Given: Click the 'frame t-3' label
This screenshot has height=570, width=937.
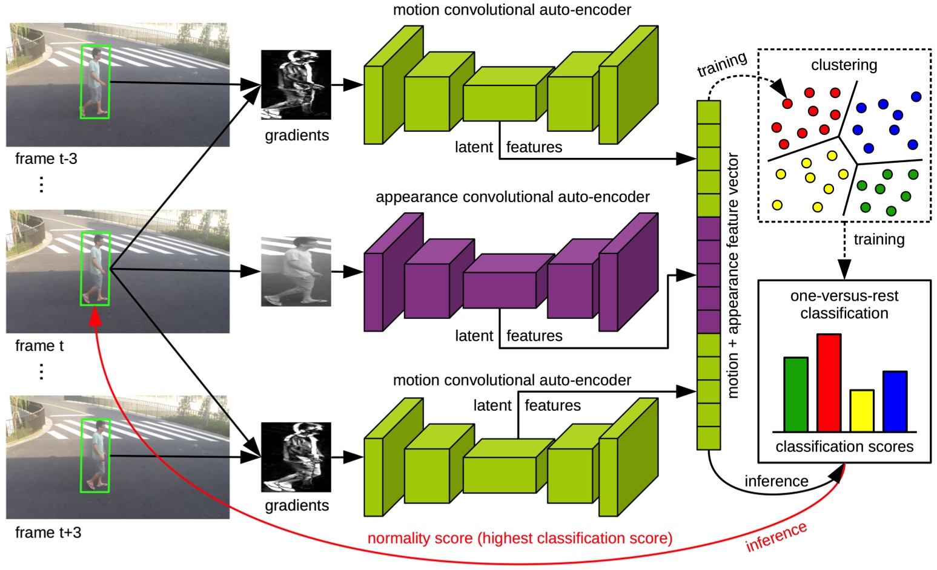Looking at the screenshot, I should [x=46, y=159].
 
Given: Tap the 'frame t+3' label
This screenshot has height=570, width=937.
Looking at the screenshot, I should [x=48, y=532].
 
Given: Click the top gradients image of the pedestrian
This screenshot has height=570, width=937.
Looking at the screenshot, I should [x=296, y=85].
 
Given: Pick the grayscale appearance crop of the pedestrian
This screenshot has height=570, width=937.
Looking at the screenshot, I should [x=296, y=272].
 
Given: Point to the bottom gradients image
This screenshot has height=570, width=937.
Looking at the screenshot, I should [x=296, y=457].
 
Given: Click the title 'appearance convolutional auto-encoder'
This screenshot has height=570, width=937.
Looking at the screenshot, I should [x=512, y=197].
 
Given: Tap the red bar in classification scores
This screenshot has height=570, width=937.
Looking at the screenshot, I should [x=829, y=382].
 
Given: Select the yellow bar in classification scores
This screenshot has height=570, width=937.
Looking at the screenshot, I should [x=861, y=410].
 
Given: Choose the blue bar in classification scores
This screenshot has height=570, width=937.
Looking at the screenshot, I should [x=895, y=401].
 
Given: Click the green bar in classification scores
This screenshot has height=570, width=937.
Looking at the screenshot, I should [x=796, y=394].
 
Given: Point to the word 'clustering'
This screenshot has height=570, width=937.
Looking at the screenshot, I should [x=844, y=65].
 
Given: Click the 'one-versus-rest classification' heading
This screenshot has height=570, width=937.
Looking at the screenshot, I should [x=844, y=304].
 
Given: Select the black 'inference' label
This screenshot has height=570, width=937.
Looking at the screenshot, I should [x=776, y=481].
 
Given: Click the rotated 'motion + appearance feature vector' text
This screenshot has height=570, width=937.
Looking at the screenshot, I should [x=733, y=275].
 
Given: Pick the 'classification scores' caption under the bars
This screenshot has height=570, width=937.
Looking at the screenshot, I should [x=844, y=447].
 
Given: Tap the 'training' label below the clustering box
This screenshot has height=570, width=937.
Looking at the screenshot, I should [x=879, y=240].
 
